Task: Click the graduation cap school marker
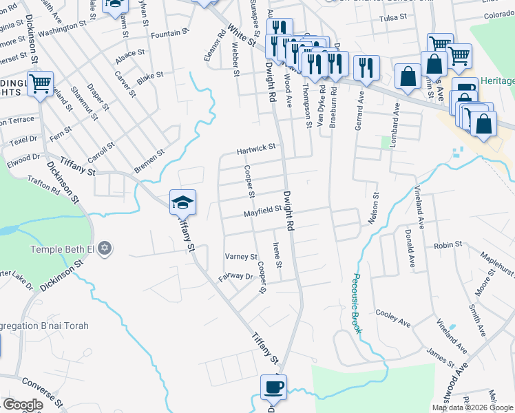182,202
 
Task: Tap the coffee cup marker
273,388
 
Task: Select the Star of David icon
105,248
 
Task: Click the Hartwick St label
256,147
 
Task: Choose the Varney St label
241,257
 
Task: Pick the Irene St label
278,255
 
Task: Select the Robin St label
448,245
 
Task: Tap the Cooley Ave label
393,317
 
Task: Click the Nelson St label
375,209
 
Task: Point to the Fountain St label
169,33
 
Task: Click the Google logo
23,405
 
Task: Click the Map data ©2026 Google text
472,407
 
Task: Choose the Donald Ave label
410,248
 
